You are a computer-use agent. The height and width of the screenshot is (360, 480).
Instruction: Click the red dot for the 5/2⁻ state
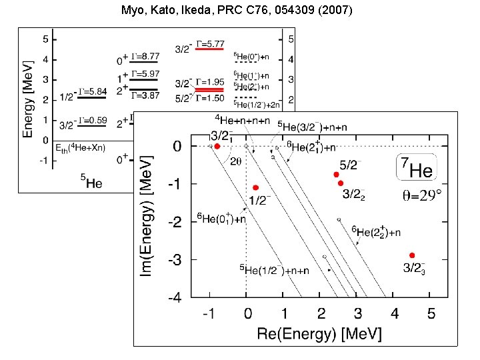tap(337, 175)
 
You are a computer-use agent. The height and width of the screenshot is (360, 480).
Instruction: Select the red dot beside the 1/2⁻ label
tap(255, 188)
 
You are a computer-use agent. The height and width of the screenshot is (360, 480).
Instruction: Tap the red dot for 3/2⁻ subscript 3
tap(412, 255)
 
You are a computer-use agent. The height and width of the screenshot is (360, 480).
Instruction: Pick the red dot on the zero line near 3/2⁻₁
tap(217, 146)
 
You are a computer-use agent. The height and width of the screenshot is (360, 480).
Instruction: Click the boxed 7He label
tap(417, 167)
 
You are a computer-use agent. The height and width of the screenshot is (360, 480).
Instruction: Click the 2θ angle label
tap(237, 161)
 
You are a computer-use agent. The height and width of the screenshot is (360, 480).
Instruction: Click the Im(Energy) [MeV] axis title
tap(150, 215)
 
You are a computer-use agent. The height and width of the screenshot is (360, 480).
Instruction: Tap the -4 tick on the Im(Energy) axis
tap(175, 298)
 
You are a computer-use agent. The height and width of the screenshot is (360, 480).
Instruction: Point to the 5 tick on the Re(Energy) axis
tap(431, 313)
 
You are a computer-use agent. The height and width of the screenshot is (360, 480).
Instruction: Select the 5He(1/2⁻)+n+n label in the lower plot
tap(274, 270)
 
